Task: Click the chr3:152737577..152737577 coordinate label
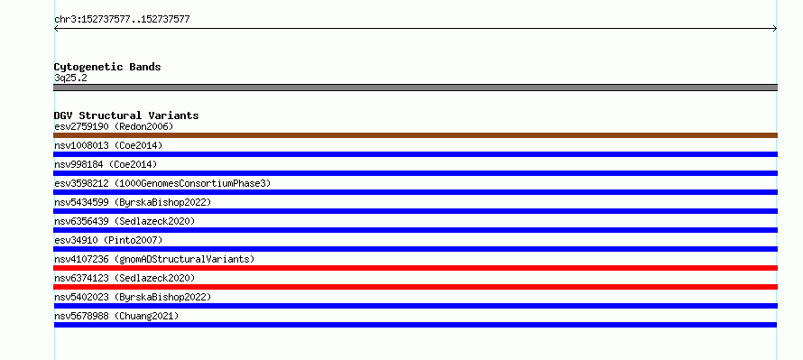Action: click(122, 20)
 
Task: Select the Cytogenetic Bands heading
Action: click(107, 67)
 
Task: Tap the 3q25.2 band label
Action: click(70, 78)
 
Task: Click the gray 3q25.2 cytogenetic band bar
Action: click(415, 88)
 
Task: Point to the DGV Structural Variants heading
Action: click(126, 115)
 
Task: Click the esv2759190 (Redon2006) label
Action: click(114, 126)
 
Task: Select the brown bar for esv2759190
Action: click(415, 135)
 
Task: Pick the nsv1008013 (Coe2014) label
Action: click(108, 145)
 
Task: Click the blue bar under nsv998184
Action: click(415, 173)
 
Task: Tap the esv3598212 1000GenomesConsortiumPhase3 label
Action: click(162, 183)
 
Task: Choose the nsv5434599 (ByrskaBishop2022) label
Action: click(133, 202)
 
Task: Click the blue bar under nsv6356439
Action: click(415, 230)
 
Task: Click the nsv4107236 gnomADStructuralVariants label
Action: click(154, 259)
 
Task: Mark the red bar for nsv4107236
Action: click(415, 268)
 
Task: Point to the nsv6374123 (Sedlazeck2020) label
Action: click(125, 278)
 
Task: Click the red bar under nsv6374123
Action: click(415, 287)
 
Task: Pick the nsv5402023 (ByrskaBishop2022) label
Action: click(133, 297)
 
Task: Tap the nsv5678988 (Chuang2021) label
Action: click(116, 316)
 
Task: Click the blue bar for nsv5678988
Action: click(415, 325)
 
